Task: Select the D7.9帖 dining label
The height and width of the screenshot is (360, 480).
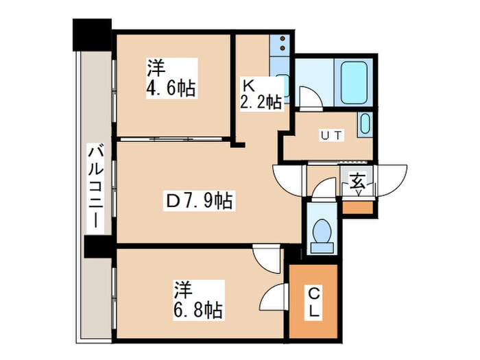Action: [x=200, y=201]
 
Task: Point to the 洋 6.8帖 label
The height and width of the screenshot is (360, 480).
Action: [x=197, y=300]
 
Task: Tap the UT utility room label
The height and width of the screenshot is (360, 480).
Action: [x=331, y=134]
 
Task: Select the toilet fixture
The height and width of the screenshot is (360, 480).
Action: [x=320, y=233]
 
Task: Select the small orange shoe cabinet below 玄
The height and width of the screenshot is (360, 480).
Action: [x=357, y=206]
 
